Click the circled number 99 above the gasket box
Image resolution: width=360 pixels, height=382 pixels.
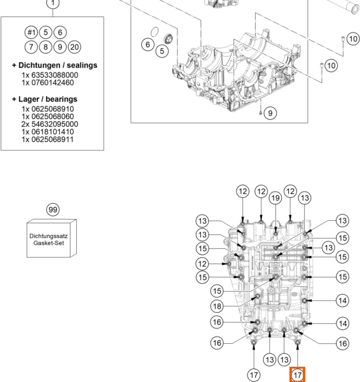coord(53,209)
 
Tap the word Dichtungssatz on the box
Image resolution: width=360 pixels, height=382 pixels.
coord(48,236)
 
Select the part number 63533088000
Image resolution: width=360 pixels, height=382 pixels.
coord(55,75)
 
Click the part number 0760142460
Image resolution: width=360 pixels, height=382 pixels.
coord(53,83)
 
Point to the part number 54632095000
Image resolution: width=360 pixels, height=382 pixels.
coord(55,124)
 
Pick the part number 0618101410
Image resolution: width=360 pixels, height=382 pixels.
coord(53,132)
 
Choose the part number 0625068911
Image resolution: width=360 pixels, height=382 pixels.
coord(52,139)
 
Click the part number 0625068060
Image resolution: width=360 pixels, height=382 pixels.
coord(53,117)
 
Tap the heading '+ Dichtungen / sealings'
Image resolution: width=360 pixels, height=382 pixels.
coord(55,66)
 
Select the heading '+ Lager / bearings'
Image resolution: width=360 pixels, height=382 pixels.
coord(45,99)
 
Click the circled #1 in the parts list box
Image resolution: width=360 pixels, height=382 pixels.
coord(31,32)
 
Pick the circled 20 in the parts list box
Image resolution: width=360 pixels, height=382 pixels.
coord(74,47)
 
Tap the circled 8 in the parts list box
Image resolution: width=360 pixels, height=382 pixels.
coord(46,47)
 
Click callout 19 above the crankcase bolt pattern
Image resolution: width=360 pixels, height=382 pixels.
coord(275,198)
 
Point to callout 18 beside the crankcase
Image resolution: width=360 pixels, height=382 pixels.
coord(217,306)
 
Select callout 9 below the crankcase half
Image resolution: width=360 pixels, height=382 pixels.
coord(270,113)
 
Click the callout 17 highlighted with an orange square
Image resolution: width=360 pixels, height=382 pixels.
coord(297,375)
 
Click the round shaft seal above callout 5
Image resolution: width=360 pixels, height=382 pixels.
coord(168,39)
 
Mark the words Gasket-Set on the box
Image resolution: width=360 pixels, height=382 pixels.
coord(49,243)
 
